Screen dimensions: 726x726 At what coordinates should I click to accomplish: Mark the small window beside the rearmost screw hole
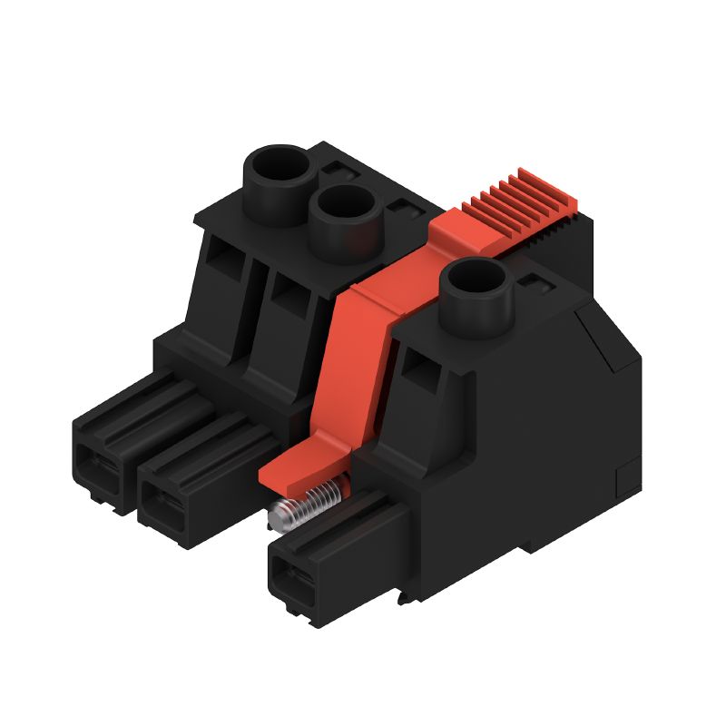click(x=338, y=170)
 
